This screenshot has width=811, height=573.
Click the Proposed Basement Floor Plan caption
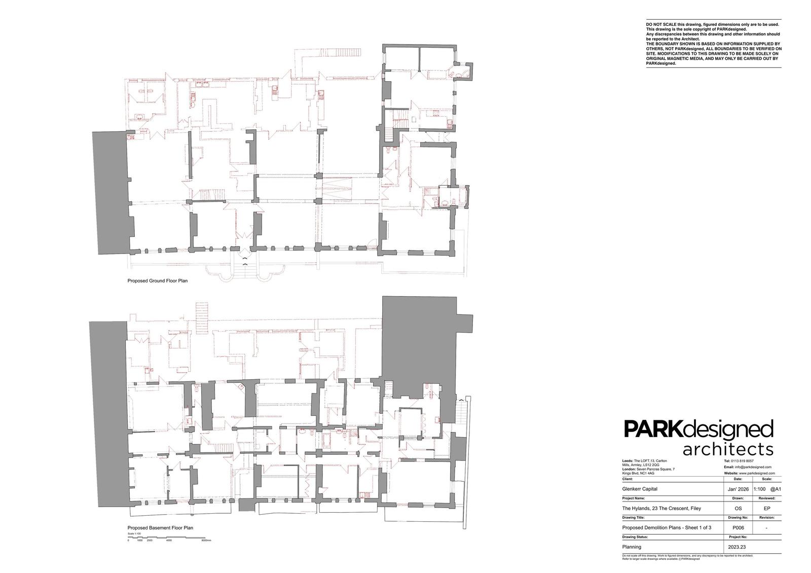tap(160, 528)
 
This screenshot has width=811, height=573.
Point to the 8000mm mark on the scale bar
tap(206, 541)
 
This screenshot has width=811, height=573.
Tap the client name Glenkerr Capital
tap(639, 489)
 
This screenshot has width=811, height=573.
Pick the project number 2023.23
tap(737, 547)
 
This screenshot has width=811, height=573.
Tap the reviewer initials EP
tap(766, 508)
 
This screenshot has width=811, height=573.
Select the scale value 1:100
tap(760, 489)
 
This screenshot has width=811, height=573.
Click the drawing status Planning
tap(631, 547)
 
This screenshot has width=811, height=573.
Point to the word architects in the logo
tap(728, 449)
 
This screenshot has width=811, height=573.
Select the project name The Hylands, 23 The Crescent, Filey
tap(661, 508)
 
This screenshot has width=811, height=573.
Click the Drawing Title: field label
tap(633, 518)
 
